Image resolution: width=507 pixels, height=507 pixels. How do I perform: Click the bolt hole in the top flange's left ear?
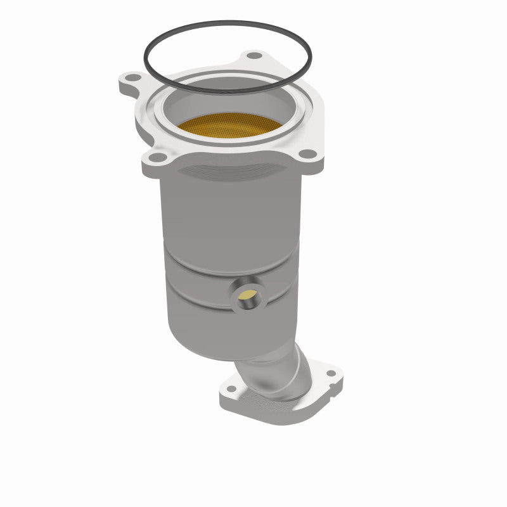(x=132, y=79)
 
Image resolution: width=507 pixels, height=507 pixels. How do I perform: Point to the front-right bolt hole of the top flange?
(x=307, y=153)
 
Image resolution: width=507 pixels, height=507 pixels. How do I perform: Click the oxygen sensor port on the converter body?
(x=248, y=295)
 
